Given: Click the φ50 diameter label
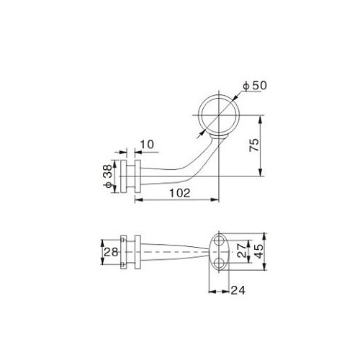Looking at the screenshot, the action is click(255, 86).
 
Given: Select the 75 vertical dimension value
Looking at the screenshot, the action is click(254, 145).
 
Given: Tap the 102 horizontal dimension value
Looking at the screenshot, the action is click(180, 193).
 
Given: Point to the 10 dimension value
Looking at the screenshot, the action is click(147, 145).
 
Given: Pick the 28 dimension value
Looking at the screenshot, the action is click(111, 252).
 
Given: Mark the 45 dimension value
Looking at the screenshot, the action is click(258, 251).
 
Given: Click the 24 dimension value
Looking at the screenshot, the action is click(238, 290).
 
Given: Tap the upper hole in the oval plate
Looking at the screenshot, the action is click(219, 240).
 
